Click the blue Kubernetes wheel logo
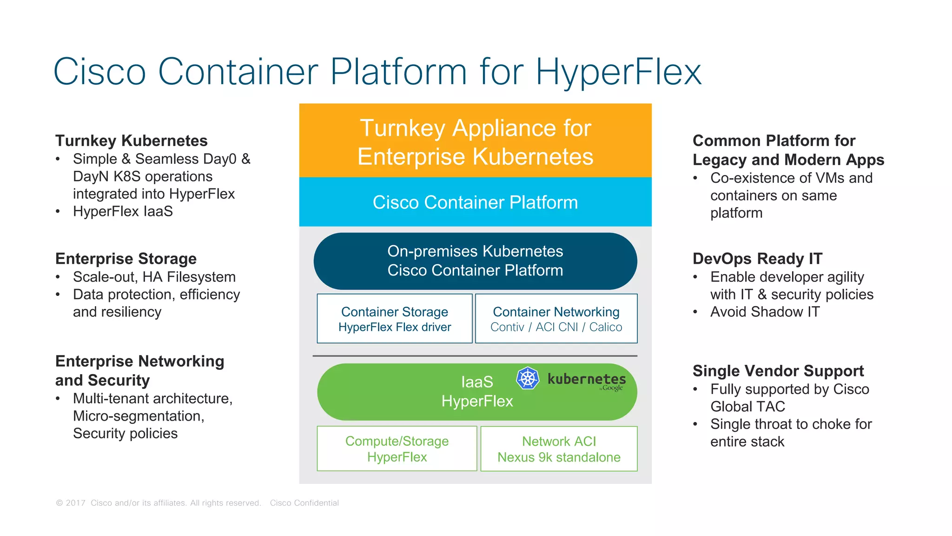pos(528,378)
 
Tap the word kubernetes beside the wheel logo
pos(587,379)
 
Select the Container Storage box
pos(395,319)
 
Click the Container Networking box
pos(556,319)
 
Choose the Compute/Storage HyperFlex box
pos(397,449)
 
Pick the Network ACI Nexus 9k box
pos(559,449)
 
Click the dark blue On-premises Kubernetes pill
pos(475,261)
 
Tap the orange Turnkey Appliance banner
pos(475,141)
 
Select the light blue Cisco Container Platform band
pos(475,202)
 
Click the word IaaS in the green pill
pos(477,382)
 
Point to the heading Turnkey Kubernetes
pos(131,141)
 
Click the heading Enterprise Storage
pos(126,259)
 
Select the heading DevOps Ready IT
pos(757,259)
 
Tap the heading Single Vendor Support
pos(778,371)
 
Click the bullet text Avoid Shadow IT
pos(765,312)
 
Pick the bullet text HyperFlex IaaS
pos(123,212)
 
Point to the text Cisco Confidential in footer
pos(304,503)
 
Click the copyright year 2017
pos(75,503)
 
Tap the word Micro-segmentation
pos(138,416)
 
